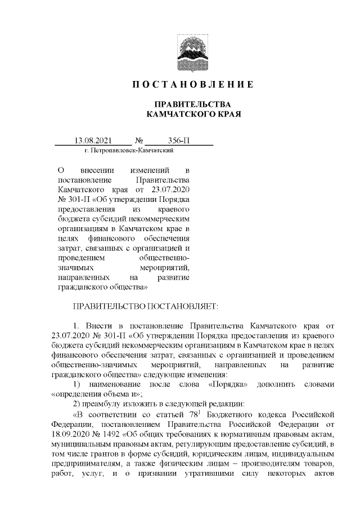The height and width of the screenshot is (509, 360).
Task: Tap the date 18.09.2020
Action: pyautogui.click(x=70, y=435)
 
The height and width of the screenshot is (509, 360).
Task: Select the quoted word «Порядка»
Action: pyautogui.click(x=225, y=384)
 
